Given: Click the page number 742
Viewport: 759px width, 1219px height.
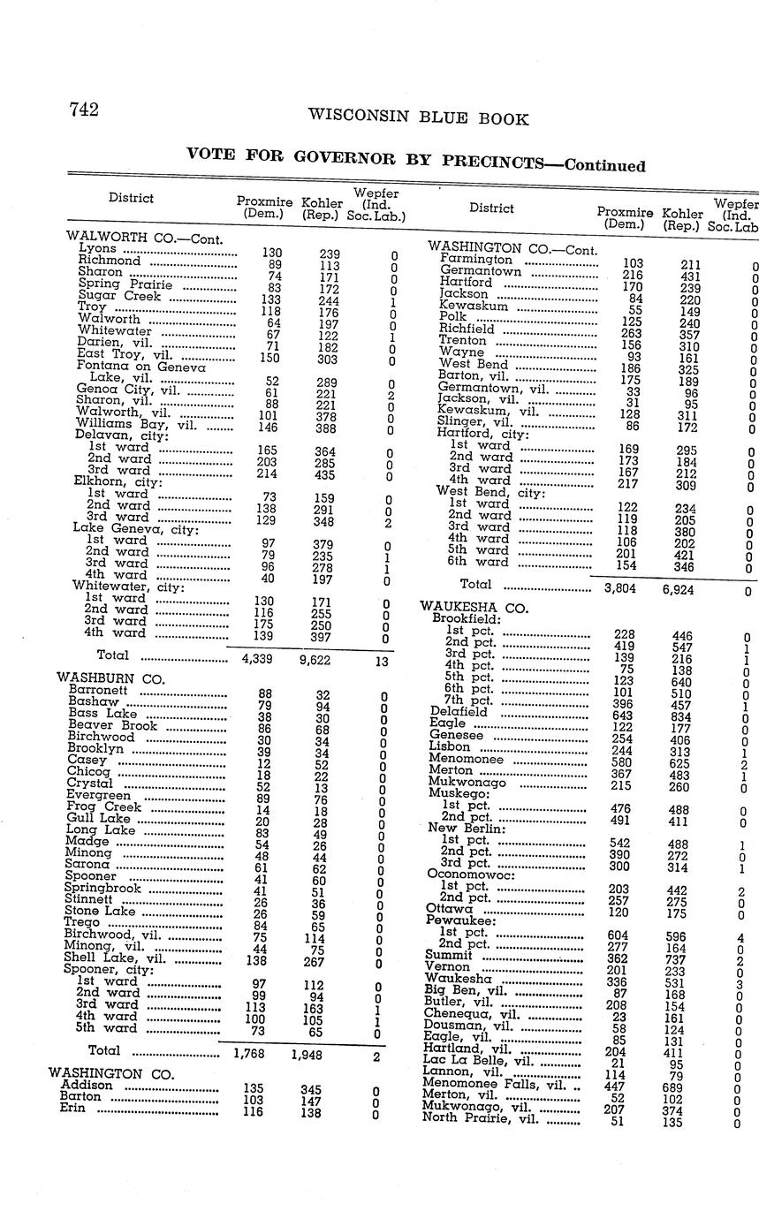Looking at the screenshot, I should (84, 110).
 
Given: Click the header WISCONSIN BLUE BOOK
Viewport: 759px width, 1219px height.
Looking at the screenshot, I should (418, 118).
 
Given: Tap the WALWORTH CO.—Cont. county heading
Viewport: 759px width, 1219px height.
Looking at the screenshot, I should (144, 237).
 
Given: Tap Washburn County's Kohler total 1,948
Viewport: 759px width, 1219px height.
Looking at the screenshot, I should (307, 1054).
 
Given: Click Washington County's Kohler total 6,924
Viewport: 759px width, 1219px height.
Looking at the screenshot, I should (678, 588).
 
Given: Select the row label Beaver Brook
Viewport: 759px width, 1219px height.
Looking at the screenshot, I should (112, 725).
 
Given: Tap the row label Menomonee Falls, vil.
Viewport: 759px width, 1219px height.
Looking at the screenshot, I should (494, 1083).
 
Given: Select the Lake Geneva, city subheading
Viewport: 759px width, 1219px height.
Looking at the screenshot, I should (135, 528).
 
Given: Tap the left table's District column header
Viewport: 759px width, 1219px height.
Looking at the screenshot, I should (131, 198).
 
